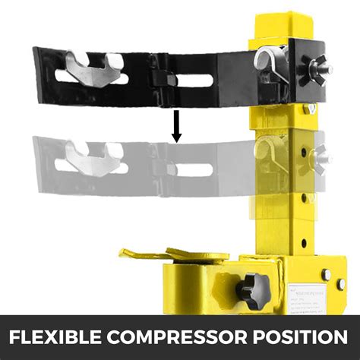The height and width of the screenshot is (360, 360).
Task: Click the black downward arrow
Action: point(176,125)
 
